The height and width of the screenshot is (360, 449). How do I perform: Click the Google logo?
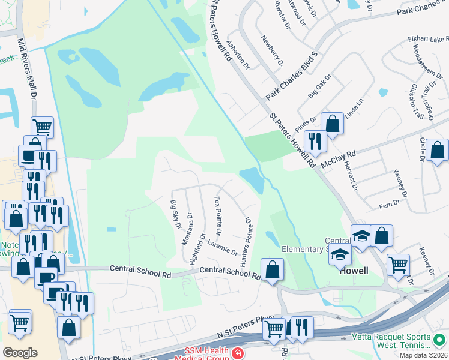[20, 352]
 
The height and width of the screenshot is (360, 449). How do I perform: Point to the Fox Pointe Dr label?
[218, 215]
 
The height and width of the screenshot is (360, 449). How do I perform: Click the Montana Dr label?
[188, 229]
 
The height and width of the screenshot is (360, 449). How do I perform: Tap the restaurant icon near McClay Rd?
[315, 142]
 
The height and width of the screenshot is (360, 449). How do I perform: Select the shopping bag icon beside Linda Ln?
[332, 124]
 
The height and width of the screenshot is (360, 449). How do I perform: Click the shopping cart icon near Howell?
[399, 265]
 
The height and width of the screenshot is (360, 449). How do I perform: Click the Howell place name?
[354, 271]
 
